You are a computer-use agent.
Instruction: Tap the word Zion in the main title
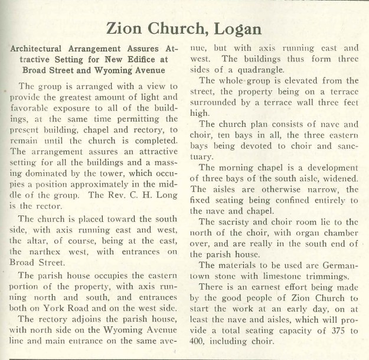(126, 28)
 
